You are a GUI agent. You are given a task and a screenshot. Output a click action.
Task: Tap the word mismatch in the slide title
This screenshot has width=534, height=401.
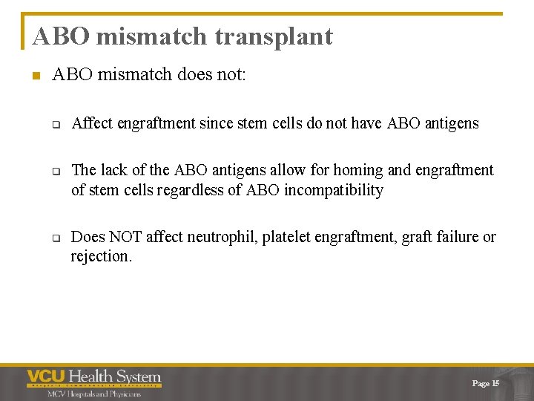[x=148, y=36]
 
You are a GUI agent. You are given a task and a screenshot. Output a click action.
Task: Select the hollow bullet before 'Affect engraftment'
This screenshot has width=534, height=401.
[x=55, y=124]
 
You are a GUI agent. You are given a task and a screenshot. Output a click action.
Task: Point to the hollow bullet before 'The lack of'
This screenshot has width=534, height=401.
[x=55, y=171]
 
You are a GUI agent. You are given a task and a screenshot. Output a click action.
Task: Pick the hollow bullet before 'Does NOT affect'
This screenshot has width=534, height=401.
[x=55, y=238]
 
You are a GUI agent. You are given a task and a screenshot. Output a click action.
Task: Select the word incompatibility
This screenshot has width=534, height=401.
[x=334, y=190]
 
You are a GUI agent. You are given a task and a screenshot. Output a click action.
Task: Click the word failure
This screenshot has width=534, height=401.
[x=456, y=237]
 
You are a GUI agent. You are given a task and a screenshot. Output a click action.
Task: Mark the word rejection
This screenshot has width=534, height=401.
[x=102, y=257]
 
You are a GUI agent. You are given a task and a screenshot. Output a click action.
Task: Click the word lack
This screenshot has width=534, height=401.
[x=114, y=170]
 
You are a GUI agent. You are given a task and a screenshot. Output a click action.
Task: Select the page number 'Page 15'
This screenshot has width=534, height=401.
[x=486, y=383]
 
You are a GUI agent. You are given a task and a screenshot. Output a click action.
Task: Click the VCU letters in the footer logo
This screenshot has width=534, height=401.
[x=46, y=376]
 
